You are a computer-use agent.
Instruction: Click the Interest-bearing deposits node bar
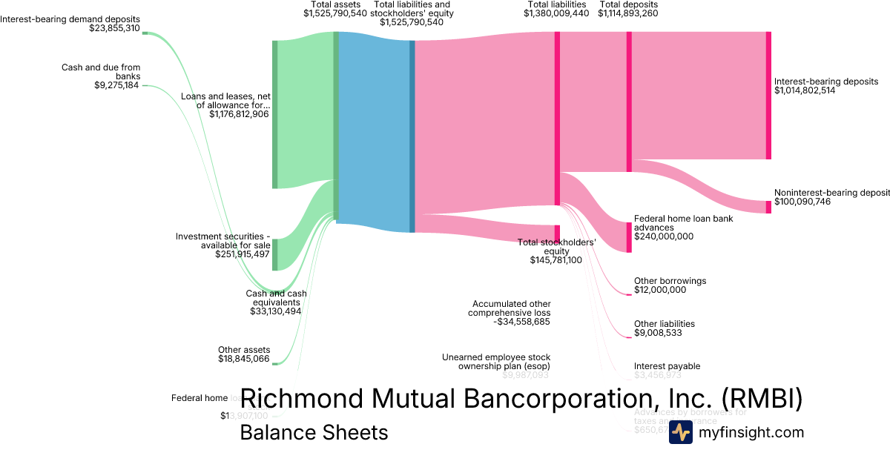[x=768, y=95]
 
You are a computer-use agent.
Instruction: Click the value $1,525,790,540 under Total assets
[x=335, y=13]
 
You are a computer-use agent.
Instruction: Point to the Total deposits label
[x=627, y=4]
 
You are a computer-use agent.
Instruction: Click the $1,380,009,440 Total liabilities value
[x=556, y=13]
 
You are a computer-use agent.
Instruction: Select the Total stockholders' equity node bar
[x=557, y=234]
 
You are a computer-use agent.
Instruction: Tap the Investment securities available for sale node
[x=274, y=254]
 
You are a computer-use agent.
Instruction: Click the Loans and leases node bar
[x=274, y=114]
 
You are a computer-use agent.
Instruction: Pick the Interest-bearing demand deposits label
[x=70, y=19]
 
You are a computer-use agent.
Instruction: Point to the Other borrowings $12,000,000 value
[x=660, y=290]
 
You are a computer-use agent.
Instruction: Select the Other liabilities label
[x=665, y=324]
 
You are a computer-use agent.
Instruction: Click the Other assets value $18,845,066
[x=244, y=358]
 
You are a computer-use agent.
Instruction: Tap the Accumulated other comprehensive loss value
[x=522, y=322]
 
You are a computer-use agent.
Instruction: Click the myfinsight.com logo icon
[x=680, y=432]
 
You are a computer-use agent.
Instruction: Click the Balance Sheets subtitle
[x=314, y=432]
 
